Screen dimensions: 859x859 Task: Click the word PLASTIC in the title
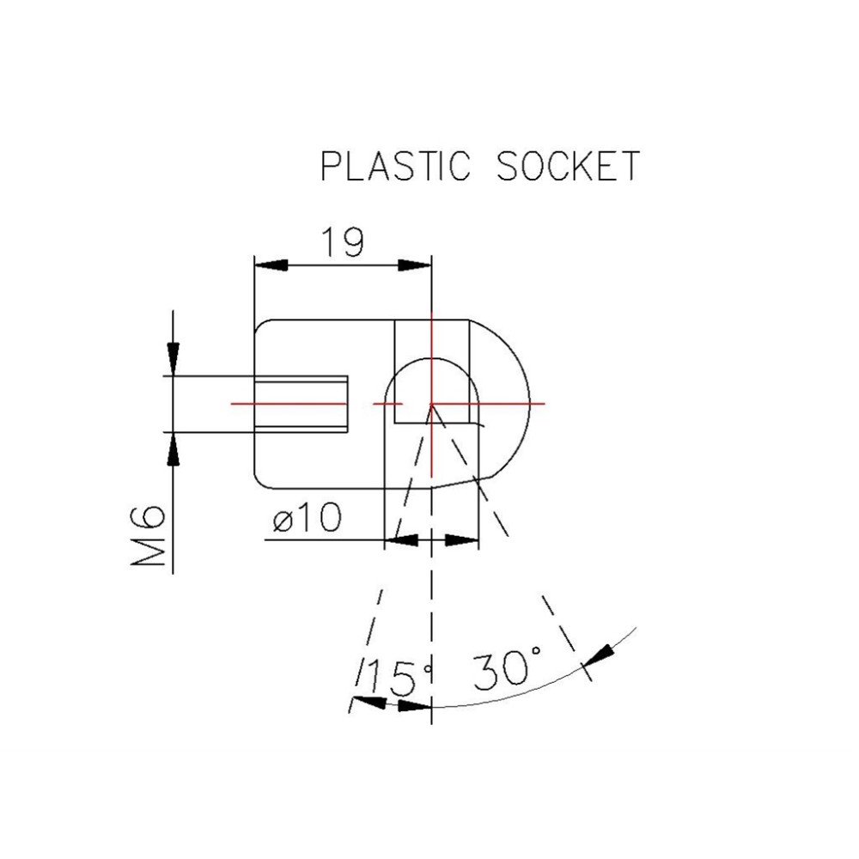tap(396, 166)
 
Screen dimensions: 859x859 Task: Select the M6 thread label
tap(149, 538)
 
